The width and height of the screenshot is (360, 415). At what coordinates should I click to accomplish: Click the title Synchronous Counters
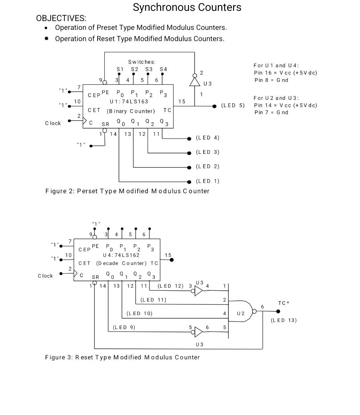tap(187, 7)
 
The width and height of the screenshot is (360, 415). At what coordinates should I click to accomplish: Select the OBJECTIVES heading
tap(61, 18)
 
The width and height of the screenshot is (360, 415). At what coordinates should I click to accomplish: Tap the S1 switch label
tap(120, 69)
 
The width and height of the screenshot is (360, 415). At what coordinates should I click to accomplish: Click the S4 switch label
tap(164, 69)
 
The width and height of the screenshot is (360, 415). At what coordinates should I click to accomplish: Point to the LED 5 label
tap(233, 105)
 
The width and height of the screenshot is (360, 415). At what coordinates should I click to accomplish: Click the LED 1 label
tap(207, 181)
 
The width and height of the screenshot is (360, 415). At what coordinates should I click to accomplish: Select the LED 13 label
tap(284, 320)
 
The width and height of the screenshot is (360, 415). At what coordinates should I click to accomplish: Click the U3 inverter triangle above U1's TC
tap(195, 82)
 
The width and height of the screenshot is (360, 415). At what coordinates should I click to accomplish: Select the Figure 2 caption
tap(127, 191)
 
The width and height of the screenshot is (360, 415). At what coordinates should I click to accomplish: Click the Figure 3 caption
tap(122, 357)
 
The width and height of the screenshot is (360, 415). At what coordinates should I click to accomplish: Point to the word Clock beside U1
tap(53, 123)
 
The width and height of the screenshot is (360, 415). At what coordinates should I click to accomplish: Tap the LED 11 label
tap(153, 300)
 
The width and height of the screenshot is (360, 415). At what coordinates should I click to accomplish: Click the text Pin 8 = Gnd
tap(271, 80)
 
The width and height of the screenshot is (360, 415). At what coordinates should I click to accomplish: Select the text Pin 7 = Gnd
tap(271, 112)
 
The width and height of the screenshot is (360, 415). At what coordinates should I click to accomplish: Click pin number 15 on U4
tap(168, 255)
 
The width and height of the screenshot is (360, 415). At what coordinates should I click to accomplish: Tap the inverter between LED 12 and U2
tap(199, 291)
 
